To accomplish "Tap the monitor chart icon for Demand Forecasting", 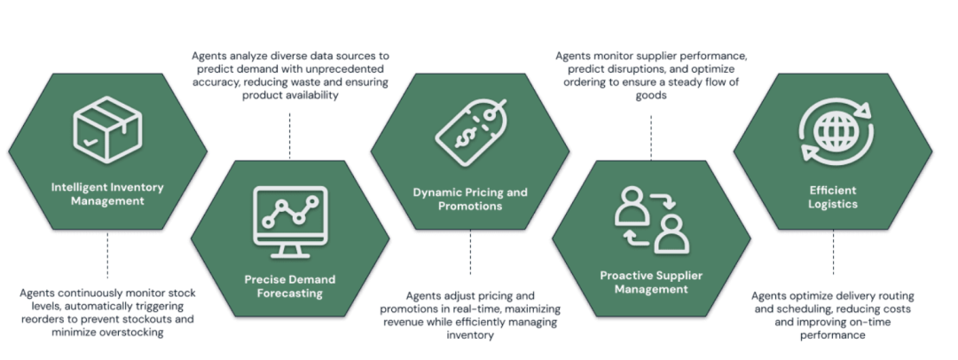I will (289, 216).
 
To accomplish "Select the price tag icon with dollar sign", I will (470, 131).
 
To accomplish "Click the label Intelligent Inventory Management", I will (107, 193).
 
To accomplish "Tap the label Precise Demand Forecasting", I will (289, 286).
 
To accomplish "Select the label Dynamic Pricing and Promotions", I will (470, 199).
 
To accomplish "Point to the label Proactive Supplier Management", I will (651, 283).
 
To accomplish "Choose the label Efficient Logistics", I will (832, 197).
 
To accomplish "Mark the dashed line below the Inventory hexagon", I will (107, 255).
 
